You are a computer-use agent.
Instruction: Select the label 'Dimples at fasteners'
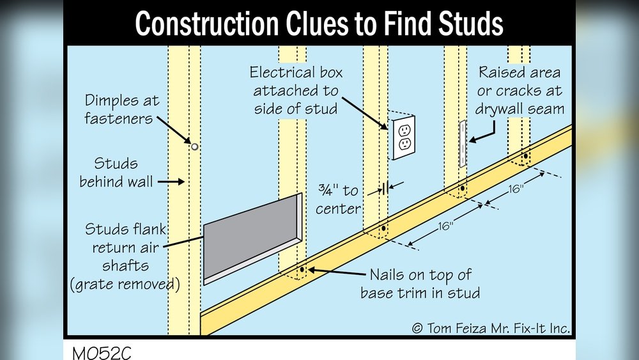point(122,110)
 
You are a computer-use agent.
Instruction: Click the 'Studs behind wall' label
point(116,173)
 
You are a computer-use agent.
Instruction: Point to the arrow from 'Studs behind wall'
point(170,182)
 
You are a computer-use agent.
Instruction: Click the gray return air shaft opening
point(249,237)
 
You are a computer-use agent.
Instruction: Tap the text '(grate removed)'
point(125,283)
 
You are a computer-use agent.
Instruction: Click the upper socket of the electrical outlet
point(404,130)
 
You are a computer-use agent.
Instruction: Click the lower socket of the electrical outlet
point(404,146)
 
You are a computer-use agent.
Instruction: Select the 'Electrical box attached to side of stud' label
point(295,90)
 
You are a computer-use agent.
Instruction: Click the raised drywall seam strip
point(462,145)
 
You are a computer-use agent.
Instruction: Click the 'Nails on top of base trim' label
point(420,284)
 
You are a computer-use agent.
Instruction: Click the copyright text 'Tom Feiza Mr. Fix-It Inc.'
point(491,328)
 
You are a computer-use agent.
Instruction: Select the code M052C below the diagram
point(102,352)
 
